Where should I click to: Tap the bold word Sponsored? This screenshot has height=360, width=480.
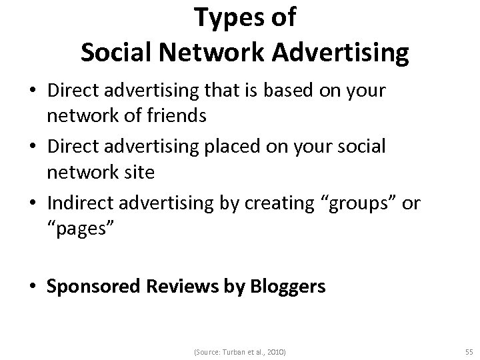tap(93, 287)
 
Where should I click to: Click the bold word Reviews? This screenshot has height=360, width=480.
tap(185, 287)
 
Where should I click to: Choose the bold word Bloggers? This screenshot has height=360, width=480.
tap(288, 287)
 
